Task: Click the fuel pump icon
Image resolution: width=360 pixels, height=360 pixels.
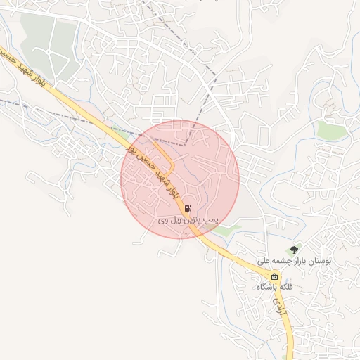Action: coord(187,208)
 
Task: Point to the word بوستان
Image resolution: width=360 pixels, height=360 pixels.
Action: coord(316,261)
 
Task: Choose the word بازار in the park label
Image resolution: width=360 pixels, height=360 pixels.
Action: coord(292,261)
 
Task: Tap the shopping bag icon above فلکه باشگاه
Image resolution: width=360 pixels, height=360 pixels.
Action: coord(275,276)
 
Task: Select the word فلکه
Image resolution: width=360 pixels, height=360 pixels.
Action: coord(285,288)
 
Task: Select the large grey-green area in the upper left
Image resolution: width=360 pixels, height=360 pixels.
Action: coord(46,42)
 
